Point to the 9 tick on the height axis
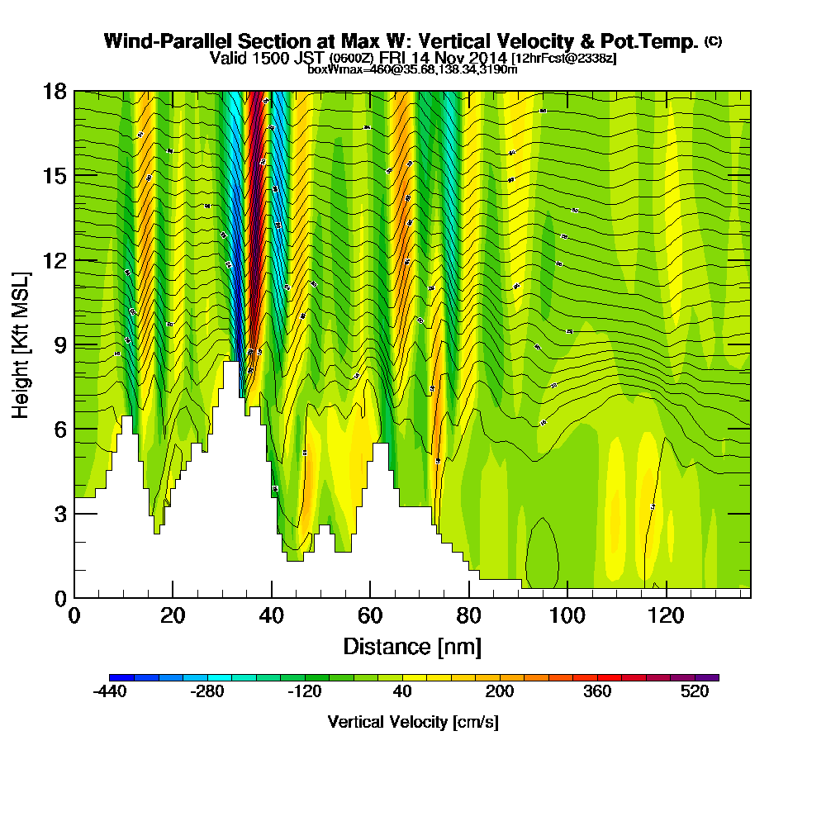pyautogui.click(x=75, y=344)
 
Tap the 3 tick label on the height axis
pyautogui.click(x=59, y=514)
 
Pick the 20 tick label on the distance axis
pyautogui.click(x=172, y=615)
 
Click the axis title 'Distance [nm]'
pyautogui.click(x=412, y=646)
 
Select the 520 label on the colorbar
pyautogui.click(x=695, y=692)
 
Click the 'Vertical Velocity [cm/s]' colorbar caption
pyautogui.click(x=413, y=722)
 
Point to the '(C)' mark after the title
pyautogui.click(x=713, y=41)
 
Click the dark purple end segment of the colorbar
pyautogui.click(x=712, y=677)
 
